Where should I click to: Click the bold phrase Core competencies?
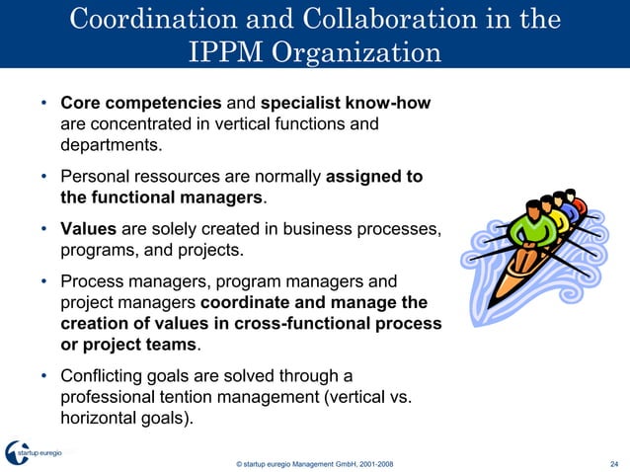(141, 104)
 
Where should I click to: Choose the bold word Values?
(89, 229)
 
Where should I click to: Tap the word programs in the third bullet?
(97, 250)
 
